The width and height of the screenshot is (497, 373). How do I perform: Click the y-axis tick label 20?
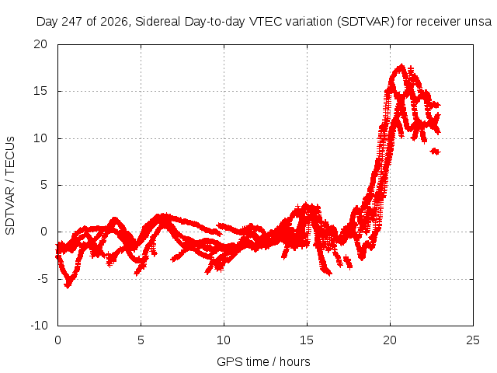40,44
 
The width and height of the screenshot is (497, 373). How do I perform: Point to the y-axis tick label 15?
40,91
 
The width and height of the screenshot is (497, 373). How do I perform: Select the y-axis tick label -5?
42,279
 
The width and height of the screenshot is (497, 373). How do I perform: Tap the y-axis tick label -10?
39,326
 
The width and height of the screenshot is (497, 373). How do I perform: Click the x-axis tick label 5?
141,340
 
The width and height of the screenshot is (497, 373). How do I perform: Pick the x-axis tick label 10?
224,340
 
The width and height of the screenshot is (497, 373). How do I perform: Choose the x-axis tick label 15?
307,340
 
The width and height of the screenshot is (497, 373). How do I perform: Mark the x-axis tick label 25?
473,340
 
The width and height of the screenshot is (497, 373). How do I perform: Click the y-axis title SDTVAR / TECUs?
10,186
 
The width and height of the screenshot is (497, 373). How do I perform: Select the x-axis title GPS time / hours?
263,361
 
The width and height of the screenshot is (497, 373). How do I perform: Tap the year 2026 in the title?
114,22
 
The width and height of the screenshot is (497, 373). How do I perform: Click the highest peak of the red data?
402,65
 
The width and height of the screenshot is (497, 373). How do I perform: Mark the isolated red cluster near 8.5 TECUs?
436,152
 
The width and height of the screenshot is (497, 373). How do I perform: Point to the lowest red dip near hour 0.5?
68,285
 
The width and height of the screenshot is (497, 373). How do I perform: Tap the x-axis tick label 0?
57,340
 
